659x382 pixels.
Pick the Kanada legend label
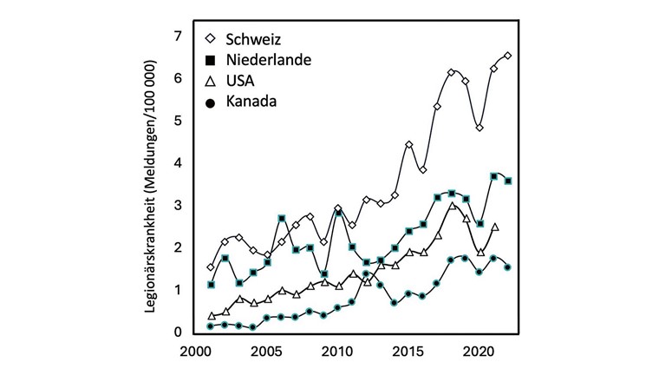click(251, 102)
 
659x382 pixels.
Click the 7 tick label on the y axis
click(177, 36)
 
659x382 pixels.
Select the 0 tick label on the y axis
click(177, 333)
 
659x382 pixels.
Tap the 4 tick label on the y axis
click(177, 163)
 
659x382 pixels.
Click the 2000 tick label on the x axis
click(195, 354)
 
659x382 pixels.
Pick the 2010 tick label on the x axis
click(337, 354)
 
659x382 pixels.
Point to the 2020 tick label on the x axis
click(480, 354)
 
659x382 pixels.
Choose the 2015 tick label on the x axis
click(408, 354)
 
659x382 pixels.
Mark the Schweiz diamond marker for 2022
click(508, 56)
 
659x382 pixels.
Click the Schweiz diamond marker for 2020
click(480, 128)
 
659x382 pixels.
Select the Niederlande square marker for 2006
click(282, 218)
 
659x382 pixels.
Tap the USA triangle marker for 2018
click(452, 206)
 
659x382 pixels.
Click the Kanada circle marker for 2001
click(211, 326)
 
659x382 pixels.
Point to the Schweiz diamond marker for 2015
click(409, 144)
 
